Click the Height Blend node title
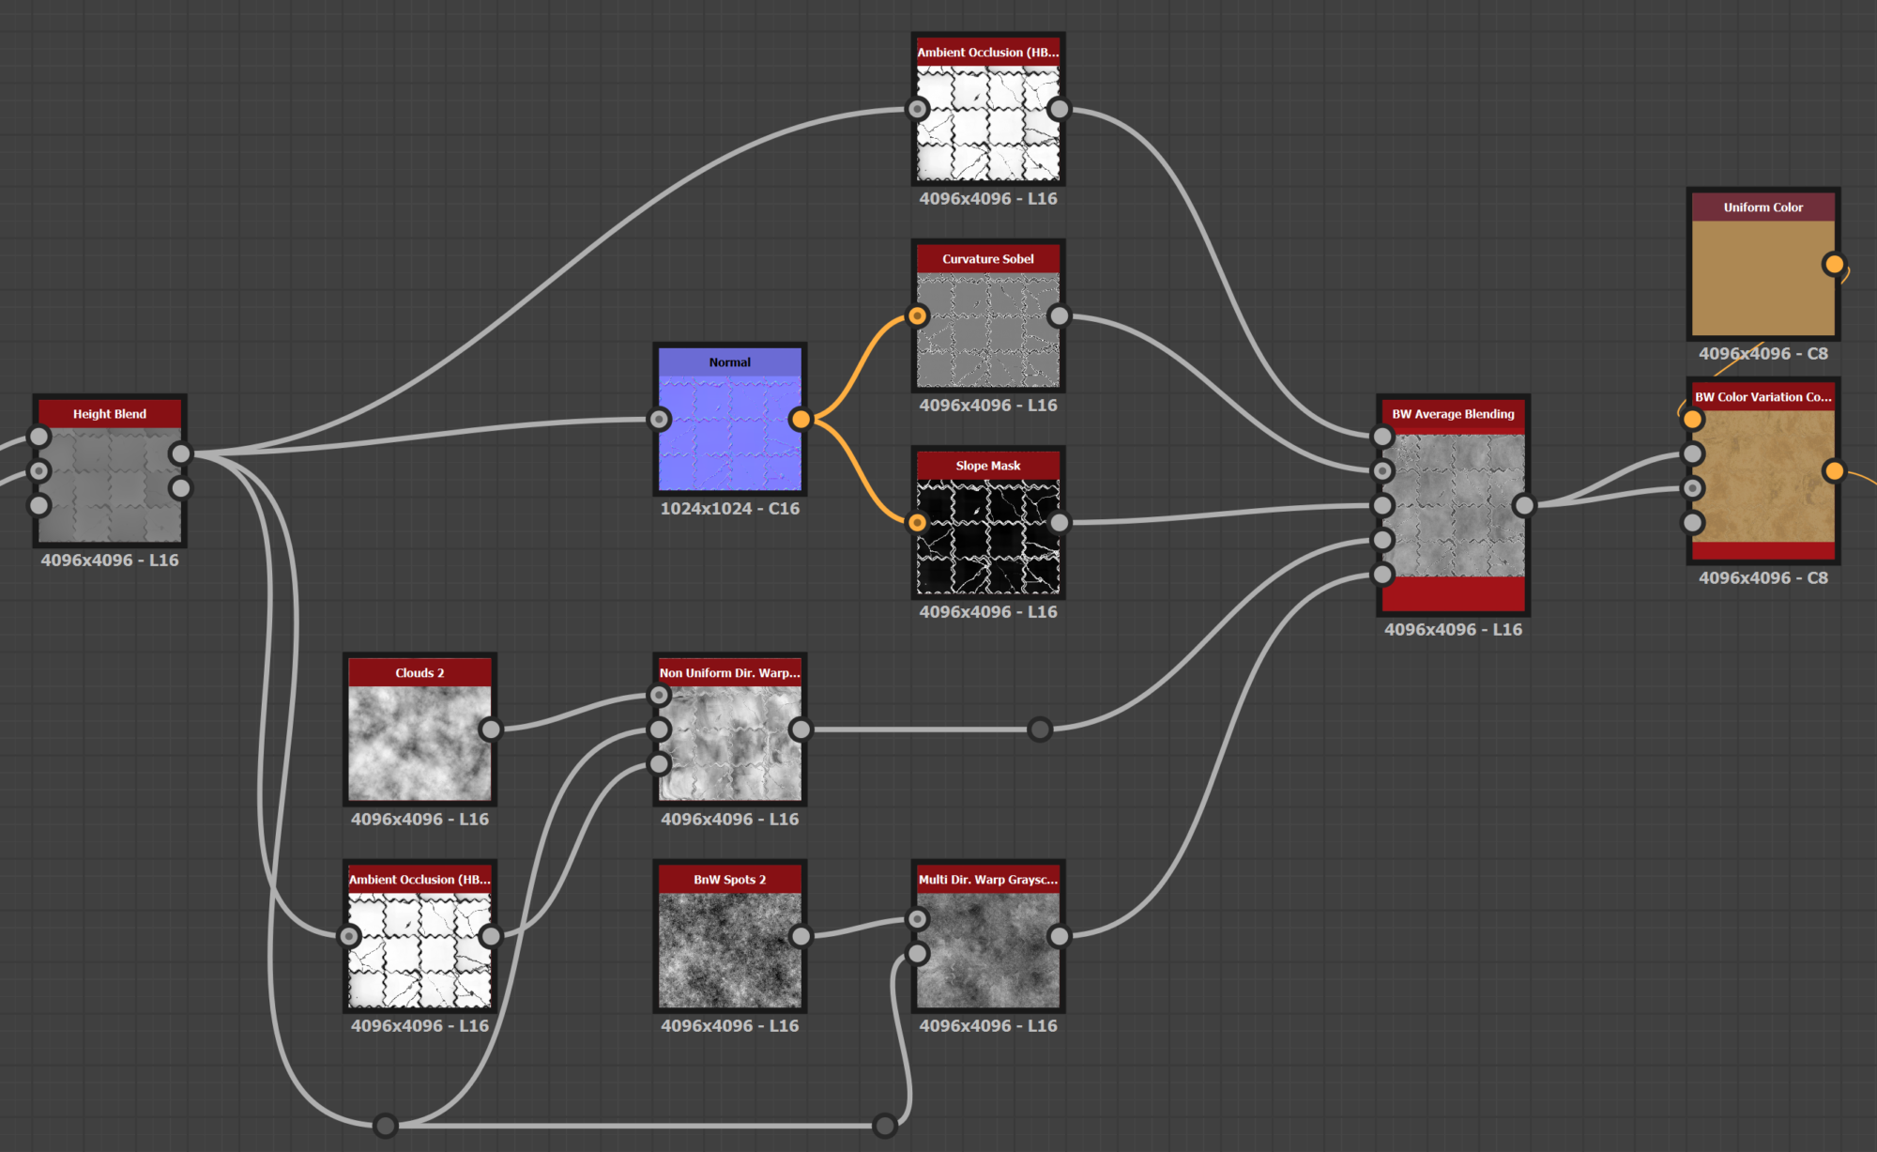click(110, 414)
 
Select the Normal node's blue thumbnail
click(730, 433)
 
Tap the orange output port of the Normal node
click(801, 419)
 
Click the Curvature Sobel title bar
click(988, 259)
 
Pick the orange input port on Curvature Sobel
click(918, 316)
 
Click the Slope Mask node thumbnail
click(988, 536)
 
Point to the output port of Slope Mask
click(1060, 522)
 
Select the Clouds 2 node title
click(420, 673)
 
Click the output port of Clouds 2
click(491, 730)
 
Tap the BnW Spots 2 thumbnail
click(730, 949)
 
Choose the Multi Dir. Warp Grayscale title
click(988, 880)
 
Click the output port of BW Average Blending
click(1524, 505)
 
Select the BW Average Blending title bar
click(1453, 414)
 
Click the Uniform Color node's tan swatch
click(1763, 278)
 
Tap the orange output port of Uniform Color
click(1834, 264)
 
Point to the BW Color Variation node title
click(1763, 397)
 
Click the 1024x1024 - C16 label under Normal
click(730, 509)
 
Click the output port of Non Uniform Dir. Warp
click(801, 730)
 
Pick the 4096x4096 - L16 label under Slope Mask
click(988, 612)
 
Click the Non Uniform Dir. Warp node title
click(730, 673)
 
